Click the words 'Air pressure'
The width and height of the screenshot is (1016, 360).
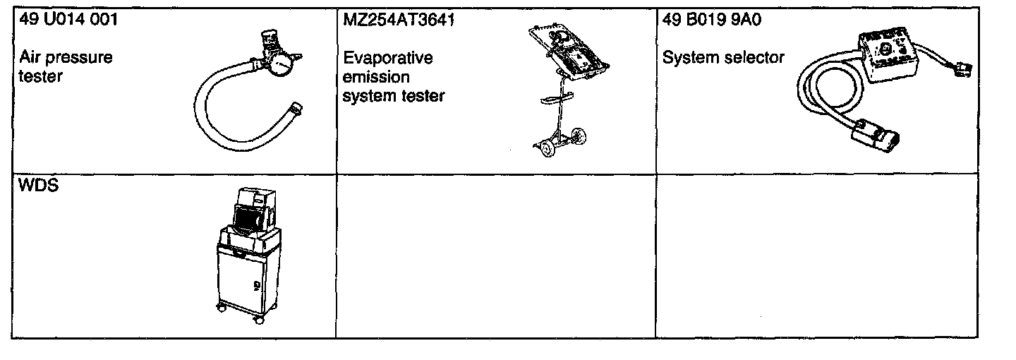(66, 57)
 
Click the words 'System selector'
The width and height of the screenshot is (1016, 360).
(723, 57)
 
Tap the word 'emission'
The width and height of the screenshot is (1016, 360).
(375, 76)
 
